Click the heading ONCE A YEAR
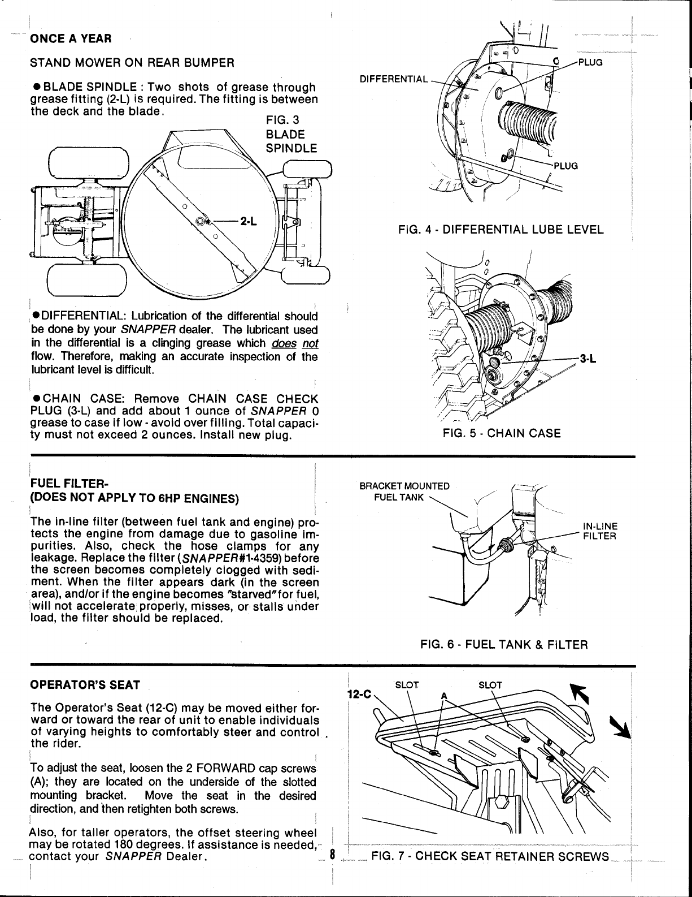point(71,38)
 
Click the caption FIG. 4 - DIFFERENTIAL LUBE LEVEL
point(500,230)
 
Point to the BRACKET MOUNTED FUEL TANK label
point(405,491)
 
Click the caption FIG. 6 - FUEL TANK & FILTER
point(504,645)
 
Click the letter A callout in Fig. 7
point(444,696)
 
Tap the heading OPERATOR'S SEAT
point(85,685)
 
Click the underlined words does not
point(294,343)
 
